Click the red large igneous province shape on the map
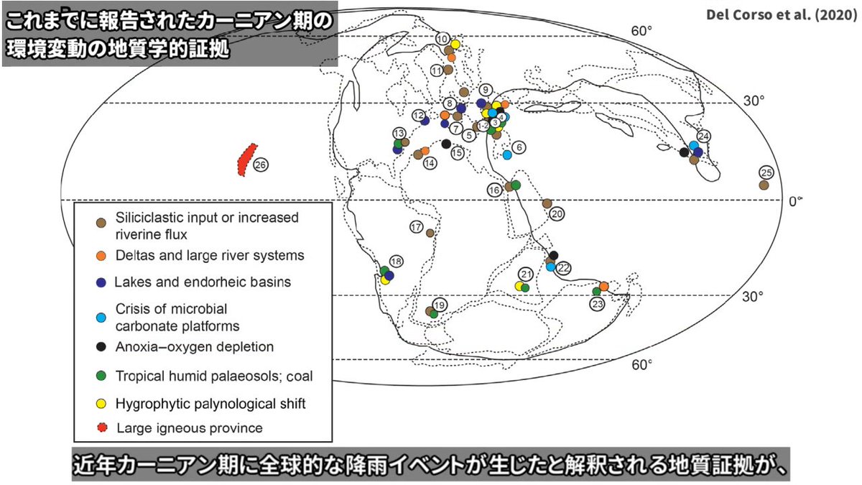click(246, 158)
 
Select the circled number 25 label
click(766, 172)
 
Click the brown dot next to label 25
click(764, 185)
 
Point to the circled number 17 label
click(416, 227)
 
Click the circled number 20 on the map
click(557, 213)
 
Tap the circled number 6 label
click(519, 147)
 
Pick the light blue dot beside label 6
click(507, 154)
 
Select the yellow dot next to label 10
click(455, 44)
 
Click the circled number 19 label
click(440, 305)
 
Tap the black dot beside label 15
click(447, 144)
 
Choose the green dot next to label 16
click(516, 185)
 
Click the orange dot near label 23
click(604, 286)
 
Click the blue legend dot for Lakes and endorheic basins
click(101, 282)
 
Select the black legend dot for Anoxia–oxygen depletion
click(101, 346)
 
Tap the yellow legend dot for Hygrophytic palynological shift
click(101, 404)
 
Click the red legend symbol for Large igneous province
click(101, 428)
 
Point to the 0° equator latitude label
click(794, 202)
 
